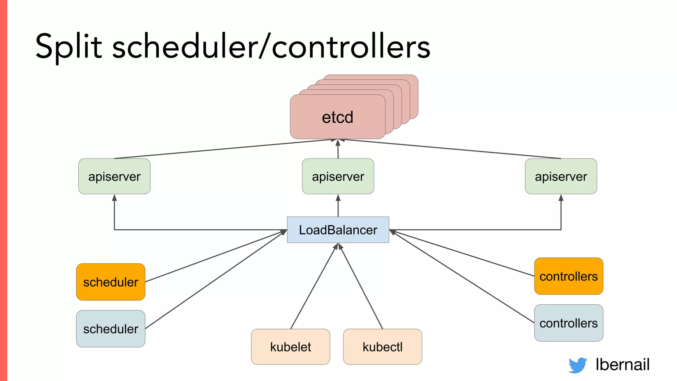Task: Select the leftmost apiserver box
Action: click(x=114, y=176)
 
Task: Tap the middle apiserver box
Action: click(x=338, y=176)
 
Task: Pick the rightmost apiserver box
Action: click(x=561, y=176)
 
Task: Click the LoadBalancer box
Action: click(x=338, y=230)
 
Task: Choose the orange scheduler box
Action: click(x=111, y=282)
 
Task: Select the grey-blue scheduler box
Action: click(x=111, y=329)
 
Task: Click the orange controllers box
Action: click(x=569, y=276)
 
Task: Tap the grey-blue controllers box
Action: click(x=569, y=323)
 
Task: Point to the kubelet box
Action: click(x=291, y=347)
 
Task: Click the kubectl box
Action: click(x=382, y=347)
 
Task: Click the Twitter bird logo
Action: click(x=577, y=365)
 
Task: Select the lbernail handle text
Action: click(x=622, y=364)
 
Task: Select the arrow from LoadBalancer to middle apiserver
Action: click(x=338, y=206)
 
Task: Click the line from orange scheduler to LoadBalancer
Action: click(x=215, y=256)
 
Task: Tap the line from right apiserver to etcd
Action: click(x=453, y=149)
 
